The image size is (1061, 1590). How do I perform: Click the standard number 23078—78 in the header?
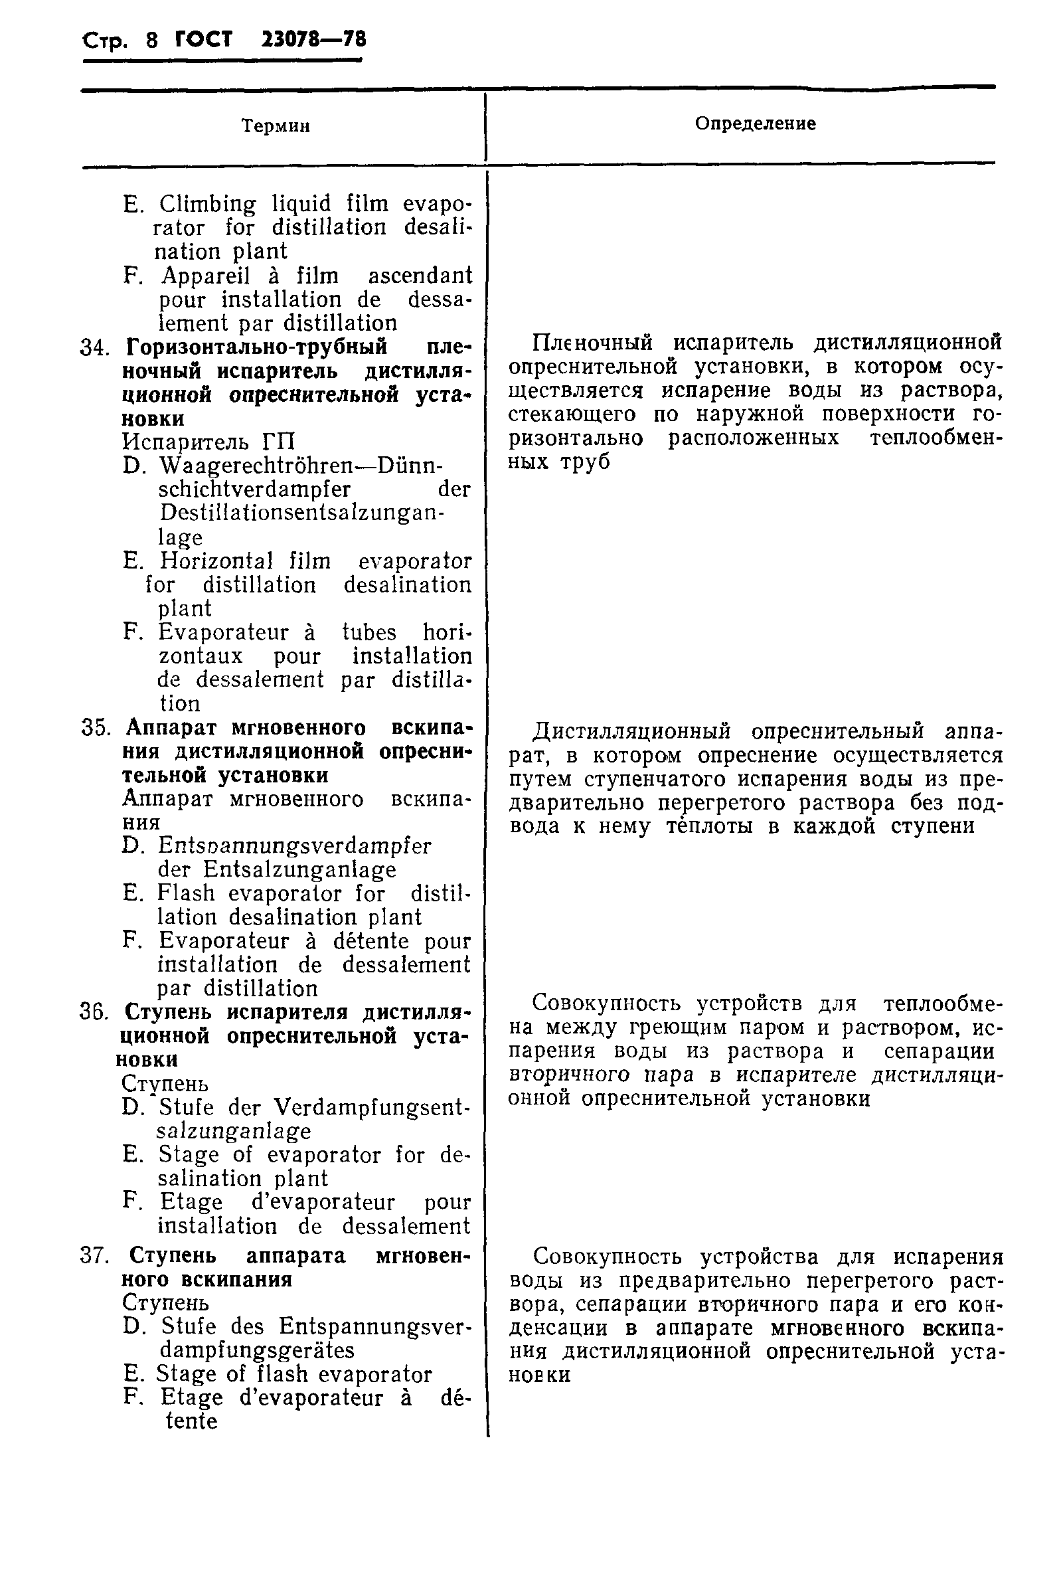click(x=313, y=40)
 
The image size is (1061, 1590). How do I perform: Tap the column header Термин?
click(x=276, y=126)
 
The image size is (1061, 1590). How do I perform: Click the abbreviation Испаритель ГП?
click(x=208, y=442)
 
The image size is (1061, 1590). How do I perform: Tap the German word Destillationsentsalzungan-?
click(x=302, y=513)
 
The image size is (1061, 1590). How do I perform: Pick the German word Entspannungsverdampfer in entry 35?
click(x=294, y=846)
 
